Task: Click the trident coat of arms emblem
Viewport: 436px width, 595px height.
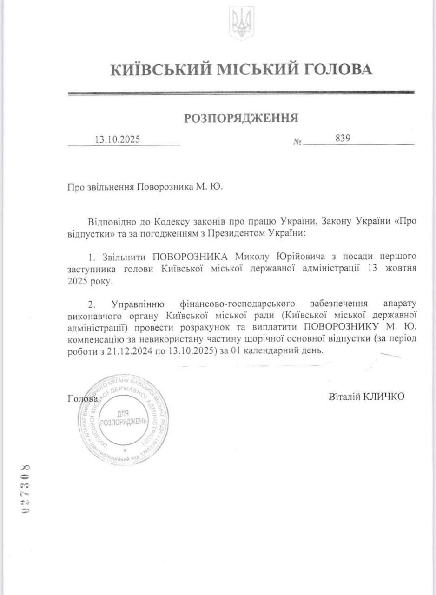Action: point(241,22)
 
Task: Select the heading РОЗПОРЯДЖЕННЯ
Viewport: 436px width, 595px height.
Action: point(241,118)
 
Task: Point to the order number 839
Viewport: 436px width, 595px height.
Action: point(343,139)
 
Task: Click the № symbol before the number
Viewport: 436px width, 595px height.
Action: point(298,141)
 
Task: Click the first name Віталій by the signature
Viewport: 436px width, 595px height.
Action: point(344,396)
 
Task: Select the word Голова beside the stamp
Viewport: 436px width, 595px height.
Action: point(82,398)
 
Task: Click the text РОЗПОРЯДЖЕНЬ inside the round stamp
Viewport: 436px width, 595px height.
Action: point(124,421)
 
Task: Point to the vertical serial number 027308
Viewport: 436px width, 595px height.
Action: point(26,488)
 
